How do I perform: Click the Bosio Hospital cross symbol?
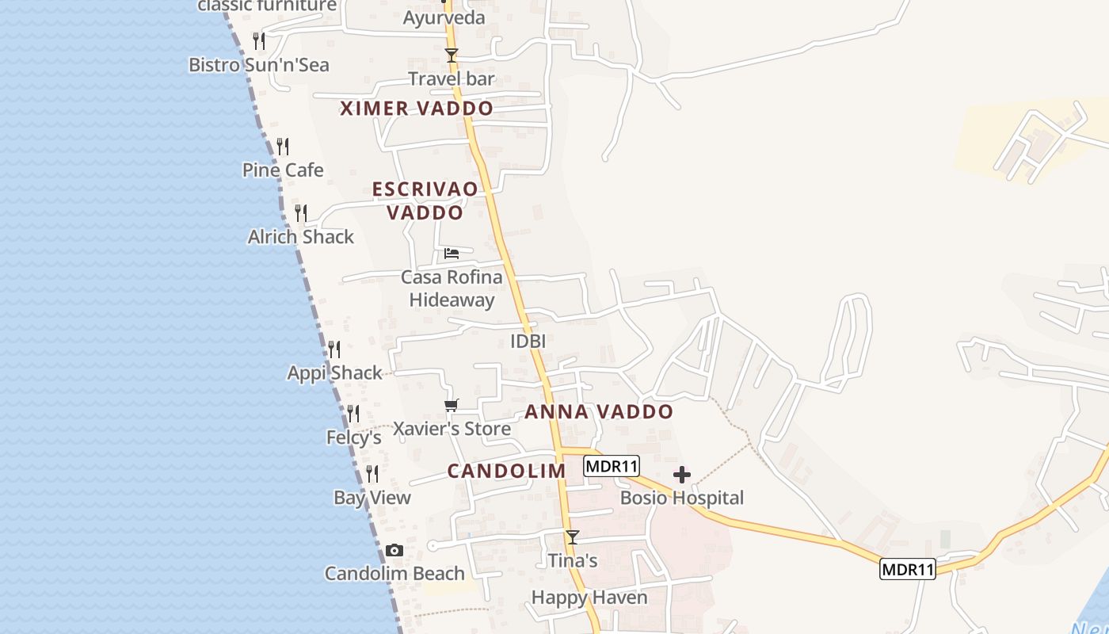681,475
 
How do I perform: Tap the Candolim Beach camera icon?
394,550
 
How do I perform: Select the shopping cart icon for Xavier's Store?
452,405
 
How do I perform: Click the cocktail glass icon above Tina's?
572,537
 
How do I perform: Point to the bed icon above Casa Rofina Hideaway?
452,254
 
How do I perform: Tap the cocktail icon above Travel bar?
452,55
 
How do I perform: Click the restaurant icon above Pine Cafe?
282,146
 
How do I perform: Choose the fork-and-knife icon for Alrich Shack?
301,212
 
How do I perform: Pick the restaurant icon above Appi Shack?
334,349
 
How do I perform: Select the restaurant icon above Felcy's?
353,413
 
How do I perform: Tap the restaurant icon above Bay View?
372,474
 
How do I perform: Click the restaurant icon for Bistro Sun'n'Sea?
259,40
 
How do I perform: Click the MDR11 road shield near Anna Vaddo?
611,466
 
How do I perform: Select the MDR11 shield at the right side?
907,569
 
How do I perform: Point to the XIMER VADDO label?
417,109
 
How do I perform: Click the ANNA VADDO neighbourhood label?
599,412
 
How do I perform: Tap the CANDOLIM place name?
507,471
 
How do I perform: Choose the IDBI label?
528,342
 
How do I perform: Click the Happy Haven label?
589,598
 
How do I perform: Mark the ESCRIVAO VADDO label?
425,201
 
